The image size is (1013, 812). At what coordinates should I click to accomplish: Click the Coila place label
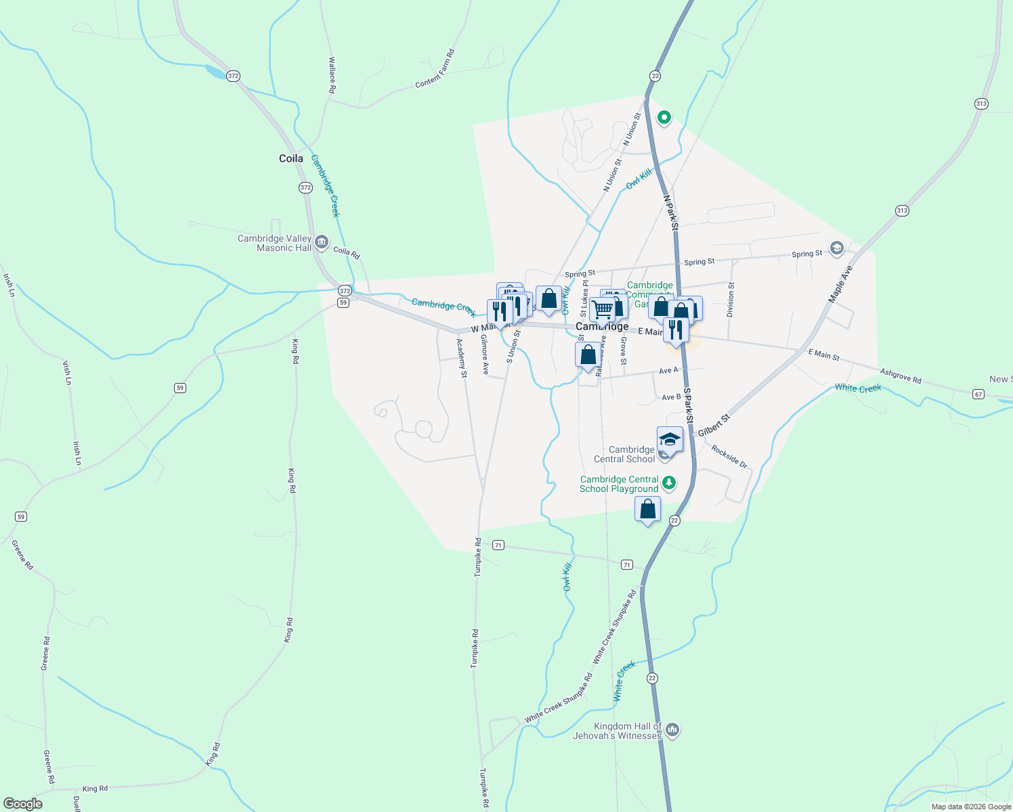(291, 158)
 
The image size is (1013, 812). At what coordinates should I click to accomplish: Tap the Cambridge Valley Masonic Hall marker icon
(322, 242)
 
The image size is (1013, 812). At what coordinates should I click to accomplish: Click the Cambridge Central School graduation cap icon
(670, 440)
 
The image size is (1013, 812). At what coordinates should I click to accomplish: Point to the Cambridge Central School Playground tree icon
(669, 482)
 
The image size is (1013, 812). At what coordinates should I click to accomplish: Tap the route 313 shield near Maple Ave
(902, 210)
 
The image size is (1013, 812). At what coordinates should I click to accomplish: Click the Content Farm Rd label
(435, 68)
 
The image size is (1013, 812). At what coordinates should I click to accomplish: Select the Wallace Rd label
(332, 74)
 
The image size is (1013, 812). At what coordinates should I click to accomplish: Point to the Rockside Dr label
(729, 457)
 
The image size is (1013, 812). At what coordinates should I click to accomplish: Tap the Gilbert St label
(714, 425)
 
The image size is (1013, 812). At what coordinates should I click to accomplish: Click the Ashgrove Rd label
(901, 376)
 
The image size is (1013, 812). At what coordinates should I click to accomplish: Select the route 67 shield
(978, 394)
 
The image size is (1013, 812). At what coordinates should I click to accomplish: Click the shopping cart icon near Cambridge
(601, 310)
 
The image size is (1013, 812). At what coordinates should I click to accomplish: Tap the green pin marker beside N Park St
(664, 118)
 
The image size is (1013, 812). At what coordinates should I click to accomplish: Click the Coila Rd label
(346, 252)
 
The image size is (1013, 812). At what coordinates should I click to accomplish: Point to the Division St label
(730, 300)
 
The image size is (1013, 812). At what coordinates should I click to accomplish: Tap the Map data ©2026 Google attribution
(971, 807)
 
